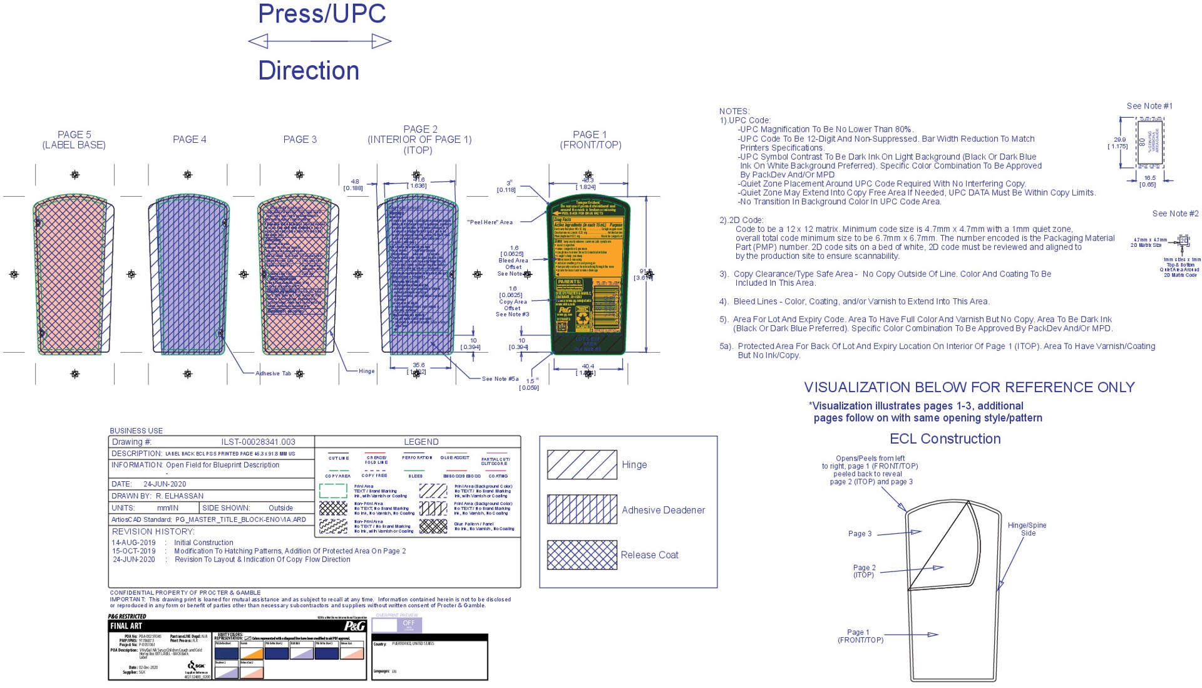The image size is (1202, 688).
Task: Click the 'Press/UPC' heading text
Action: tap(322, 14)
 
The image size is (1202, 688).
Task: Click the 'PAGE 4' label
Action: tap(190, 139)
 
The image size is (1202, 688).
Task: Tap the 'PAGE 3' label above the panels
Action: tap(300, 139)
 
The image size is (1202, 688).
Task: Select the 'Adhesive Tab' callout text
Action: tap(273, 373)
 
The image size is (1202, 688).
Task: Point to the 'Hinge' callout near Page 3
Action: tap(366, 371)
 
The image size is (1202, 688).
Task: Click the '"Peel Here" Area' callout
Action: tap(490, 222)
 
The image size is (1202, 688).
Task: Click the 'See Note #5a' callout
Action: tap(500, 379)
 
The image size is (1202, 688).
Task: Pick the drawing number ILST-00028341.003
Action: tap(258, 442)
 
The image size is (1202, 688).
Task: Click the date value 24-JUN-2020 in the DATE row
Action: tap(165, 484)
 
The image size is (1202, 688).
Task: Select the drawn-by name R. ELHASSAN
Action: tap(180, 496)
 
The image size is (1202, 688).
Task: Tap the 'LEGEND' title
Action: tap(421, 442)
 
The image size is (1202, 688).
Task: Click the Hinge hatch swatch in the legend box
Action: tap(582, 464)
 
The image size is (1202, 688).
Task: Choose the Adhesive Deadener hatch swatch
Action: tap(582, 509)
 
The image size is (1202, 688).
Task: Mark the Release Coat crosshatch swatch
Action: tap(582, 555)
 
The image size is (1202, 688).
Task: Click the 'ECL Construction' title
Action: tap(945, 439)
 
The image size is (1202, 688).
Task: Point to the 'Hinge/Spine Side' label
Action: tap(1027, 529)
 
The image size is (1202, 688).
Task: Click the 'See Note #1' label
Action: tap(1149, 106)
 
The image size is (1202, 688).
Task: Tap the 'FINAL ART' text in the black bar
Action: tap(126, 625)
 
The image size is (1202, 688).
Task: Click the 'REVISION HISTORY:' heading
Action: tap(153, 531)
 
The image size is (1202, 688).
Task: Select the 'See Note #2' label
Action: tap(1175, 214)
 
